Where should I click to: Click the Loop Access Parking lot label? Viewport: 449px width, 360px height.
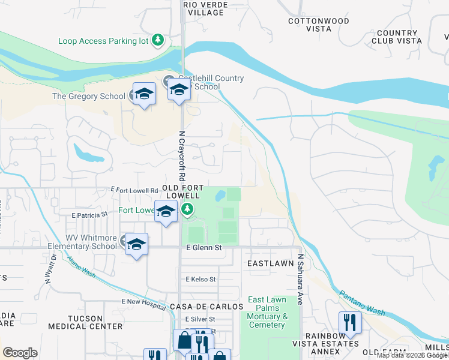[104, 41]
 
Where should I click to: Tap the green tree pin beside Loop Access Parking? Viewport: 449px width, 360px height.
[158, 40]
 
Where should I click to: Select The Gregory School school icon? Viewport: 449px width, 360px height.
[144, 94]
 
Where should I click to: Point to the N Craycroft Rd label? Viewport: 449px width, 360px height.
[181, 157]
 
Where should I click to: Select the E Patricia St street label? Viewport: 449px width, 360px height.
[89, 214]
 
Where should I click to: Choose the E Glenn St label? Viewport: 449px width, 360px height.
[204, 247]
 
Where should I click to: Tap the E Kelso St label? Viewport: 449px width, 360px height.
[200, 279]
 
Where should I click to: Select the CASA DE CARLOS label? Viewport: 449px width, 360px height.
[206, 306]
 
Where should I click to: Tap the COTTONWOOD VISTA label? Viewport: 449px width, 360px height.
[319, 25]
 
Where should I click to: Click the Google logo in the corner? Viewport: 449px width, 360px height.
[20, 353]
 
